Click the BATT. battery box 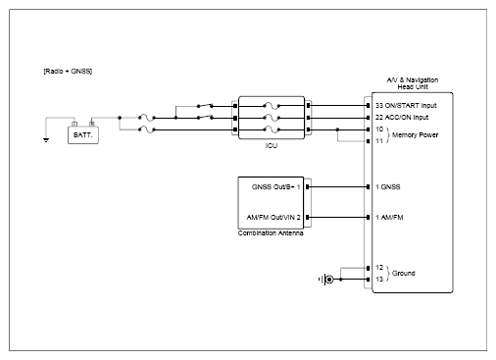click(x=83, y=135)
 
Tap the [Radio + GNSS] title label click(x=68, y=72)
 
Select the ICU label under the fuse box click(x=272, y=146)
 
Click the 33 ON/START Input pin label click(x=406, y=106)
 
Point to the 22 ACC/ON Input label click(x=402, y=118)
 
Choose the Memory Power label click(x=415, y=135)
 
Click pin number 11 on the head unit click(x=379, y=141)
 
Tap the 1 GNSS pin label click(x=388, y=187)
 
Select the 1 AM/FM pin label click(x=389, y=218)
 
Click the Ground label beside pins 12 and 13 click(x=404, y=274)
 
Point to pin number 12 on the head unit click(x=379, y=268)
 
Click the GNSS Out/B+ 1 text click(x=275, y=187)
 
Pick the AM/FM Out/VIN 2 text click(x=273, y=218)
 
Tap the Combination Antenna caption click(x=271, y=233)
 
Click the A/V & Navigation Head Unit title click(x=413, y=83)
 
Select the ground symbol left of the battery click(x=46, y=140)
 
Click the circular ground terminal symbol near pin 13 click(x=329, y=280)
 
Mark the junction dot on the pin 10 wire click(x=337, y=129)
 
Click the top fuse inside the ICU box click(x=272, y=106)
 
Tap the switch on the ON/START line click(x=205, y=106)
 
